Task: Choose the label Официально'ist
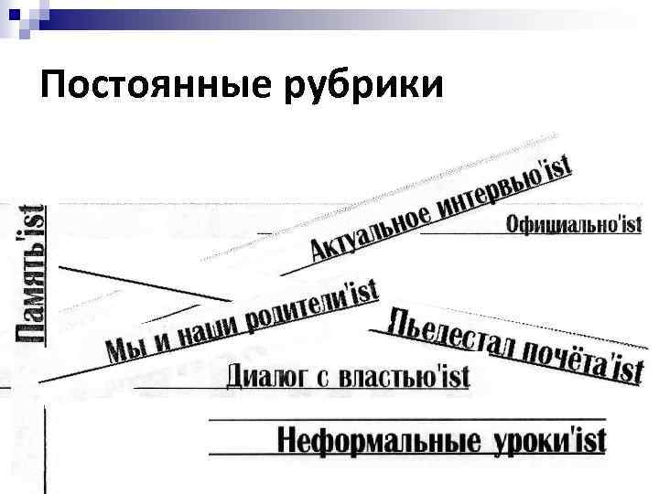(573, 224)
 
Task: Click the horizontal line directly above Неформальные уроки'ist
(403, 420)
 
